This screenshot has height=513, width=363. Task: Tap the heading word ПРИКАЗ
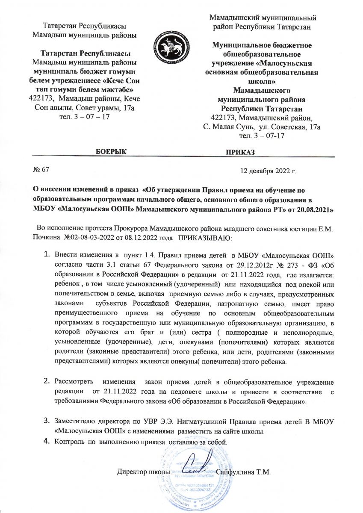240,152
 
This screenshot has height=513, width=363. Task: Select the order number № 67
41,170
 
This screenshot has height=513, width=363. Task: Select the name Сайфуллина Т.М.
244,472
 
